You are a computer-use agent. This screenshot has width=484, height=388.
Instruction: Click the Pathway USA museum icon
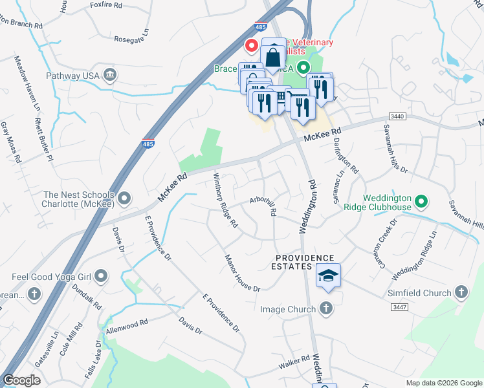[x=109, y=76]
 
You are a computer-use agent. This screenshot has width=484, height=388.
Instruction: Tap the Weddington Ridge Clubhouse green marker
[x=422, y=202]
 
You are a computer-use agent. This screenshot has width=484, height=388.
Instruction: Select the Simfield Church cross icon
[x=461, y=293]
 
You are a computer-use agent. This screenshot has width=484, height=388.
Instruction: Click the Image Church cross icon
[x=327, y=308]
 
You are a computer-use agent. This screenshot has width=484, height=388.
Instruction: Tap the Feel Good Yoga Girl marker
[x=100, y=277]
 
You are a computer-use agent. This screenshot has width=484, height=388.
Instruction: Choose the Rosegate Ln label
[x=131, y=34]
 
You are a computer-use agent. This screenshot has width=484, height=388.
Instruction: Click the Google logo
[x=22, y=380]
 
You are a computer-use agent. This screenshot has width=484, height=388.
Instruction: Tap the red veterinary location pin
[x=251, y=46]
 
